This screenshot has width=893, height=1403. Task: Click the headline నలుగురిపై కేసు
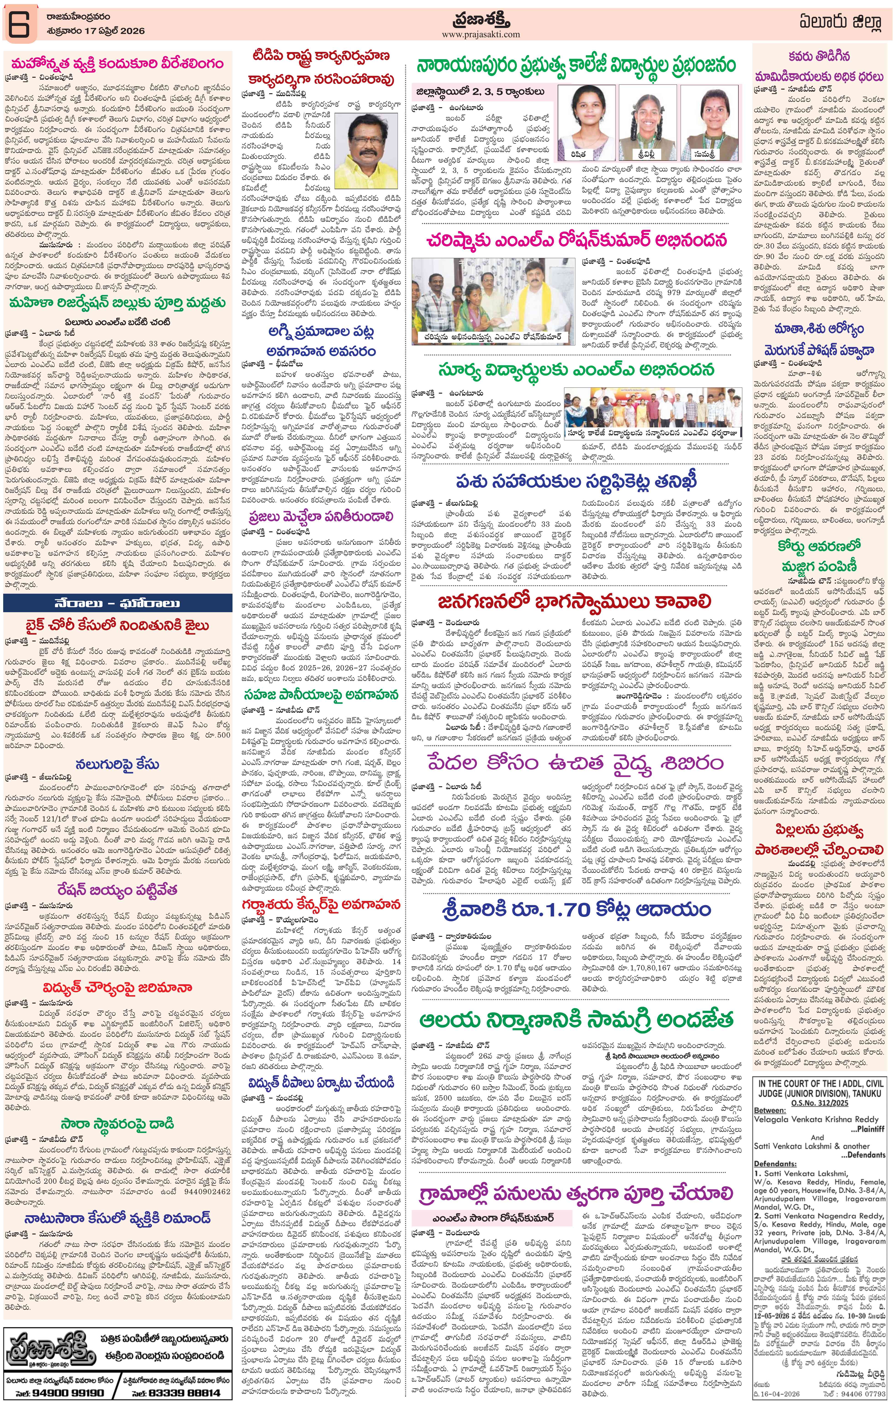pos(116,763)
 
